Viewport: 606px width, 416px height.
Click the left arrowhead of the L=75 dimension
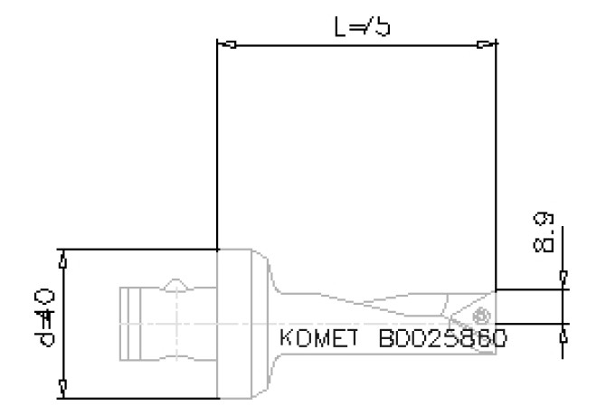click(x=228, y=44)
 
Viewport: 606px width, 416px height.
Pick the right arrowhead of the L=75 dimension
click(x=486, y=44)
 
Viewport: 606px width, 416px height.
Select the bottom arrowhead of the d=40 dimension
click(x=62, y=387)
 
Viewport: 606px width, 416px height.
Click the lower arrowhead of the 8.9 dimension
click(x=563, y=334)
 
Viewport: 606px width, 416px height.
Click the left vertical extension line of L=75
click(x=218, y=145)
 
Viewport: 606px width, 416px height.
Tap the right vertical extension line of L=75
click(x=496, y=163)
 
